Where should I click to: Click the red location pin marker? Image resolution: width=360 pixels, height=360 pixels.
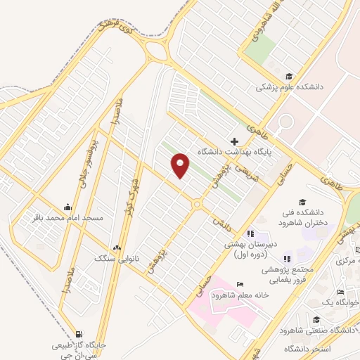[x=181, y=165]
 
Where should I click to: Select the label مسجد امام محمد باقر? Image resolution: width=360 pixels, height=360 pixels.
[x=67, y=217]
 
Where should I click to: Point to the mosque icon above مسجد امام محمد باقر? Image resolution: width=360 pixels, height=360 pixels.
[x=67, y=207]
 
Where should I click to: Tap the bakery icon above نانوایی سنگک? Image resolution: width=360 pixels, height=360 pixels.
[x=117, y=248]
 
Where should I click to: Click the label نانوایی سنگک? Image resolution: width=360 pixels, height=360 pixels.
[x=115, y=258]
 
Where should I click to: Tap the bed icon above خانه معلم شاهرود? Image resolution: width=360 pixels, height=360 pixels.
[x=240, y=285]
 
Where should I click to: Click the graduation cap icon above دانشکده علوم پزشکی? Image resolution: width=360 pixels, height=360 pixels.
[x=288, y=77]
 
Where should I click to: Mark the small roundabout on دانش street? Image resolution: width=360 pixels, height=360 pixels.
[x=198, y=204]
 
